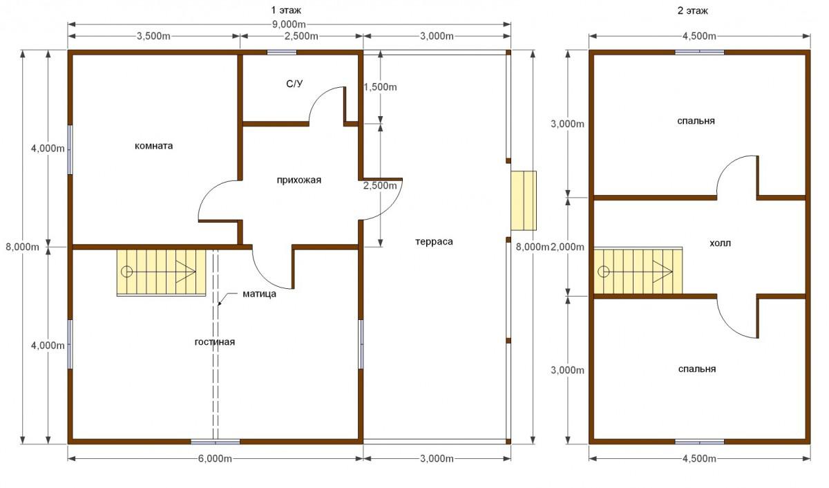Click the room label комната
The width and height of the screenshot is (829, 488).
[153, 146]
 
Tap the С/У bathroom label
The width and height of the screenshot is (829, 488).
[294, 84]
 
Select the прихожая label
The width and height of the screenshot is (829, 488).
[298, 180]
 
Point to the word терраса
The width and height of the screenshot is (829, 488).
[434, 242]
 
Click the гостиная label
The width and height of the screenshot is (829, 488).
[215, 341]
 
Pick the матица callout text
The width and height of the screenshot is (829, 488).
[260, 294]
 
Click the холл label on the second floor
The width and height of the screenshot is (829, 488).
[720, 243]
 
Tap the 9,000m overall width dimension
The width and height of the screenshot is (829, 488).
[289, 24]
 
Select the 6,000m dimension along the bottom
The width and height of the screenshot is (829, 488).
[215, 459]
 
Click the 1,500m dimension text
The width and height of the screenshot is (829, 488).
[380, 87]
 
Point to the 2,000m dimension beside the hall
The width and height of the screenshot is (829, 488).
[567, 247]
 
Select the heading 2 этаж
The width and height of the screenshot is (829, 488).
[692, 11]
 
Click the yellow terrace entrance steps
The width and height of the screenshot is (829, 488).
[524, 200]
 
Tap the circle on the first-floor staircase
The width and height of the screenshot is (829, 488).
[127, 272]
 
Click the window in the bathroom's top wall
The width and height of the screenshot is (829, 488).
[282, 53]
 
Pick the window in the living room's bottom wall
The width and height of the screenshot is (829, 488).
[215, 442]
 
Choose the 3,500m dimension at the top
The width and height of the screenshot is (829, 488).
[153, 36]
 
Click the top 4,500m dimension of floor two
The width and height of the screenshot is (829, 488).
[699, 36]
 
